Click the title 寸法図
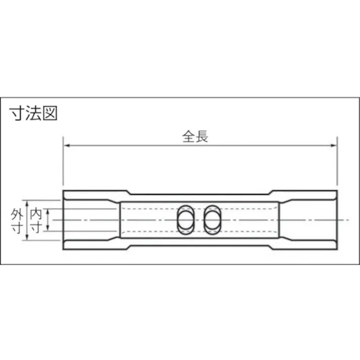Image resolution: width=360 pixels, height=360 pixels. pos(34,113)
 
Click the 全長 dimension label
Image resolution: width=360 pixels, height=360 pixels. pos(195,136)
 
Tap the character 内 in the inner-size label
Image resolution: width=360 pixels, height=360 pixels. pos(36,214)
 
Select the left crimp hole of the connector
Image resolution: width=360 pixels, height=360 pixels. pos(185,220)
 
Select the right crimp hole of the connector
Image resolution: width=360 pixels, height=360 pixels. pos(212,220)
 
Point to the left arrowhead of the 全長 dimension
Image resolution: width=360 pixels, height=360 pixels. pos(66,146)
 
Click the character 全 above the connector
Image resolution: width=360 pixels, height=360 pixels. pos(188,136)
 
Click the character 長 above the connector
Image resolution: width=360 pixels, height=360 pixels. pos(202,136)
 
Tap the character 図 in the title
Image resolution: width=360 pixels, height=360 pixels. pos(50,113)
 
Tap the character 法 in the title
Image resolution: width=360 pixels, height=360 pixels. pos(34,113)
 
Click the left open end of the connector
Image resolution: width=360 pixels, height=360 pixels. pos(65,220)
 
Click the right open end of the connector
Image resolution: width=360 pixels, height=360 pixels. pos(335,220)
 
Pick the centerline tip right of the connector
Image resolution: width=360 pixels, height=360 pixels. pos(348,220)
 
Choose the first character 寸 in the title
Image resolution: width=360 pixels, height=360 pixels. pos(18,113)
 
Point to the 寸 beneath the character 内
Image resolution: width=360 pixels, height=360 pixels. pos(36,228)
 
